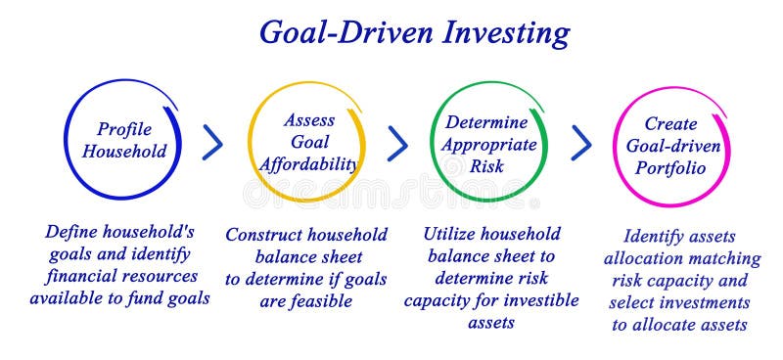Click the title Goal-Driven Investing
[x=413, y=32]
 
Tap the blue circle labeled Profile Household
[x=123, y=139]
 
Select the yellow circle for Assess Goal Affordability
[x=307, y=142]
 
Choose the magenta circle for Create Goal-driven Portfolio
[x=670, y=146]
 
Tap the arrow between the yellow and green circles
[x=397, y=143]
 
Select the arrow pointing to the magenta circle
[x=581, y=143]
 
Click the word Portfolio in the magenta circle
[x=670, y=167]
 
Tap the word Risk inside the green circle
[x=486, y=165]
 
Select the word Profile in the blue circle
[x=123, y=128]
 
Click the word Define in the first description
[x=72, y=233]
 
